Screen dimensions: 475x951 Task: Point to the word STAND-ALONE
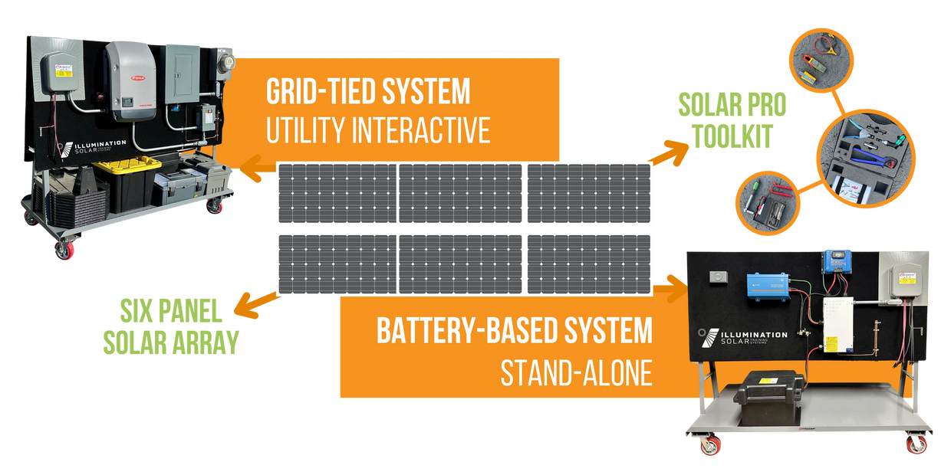(x=576, y=374)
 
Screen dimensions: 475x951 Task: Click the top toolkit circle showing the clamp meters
(x=817, y=64)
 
